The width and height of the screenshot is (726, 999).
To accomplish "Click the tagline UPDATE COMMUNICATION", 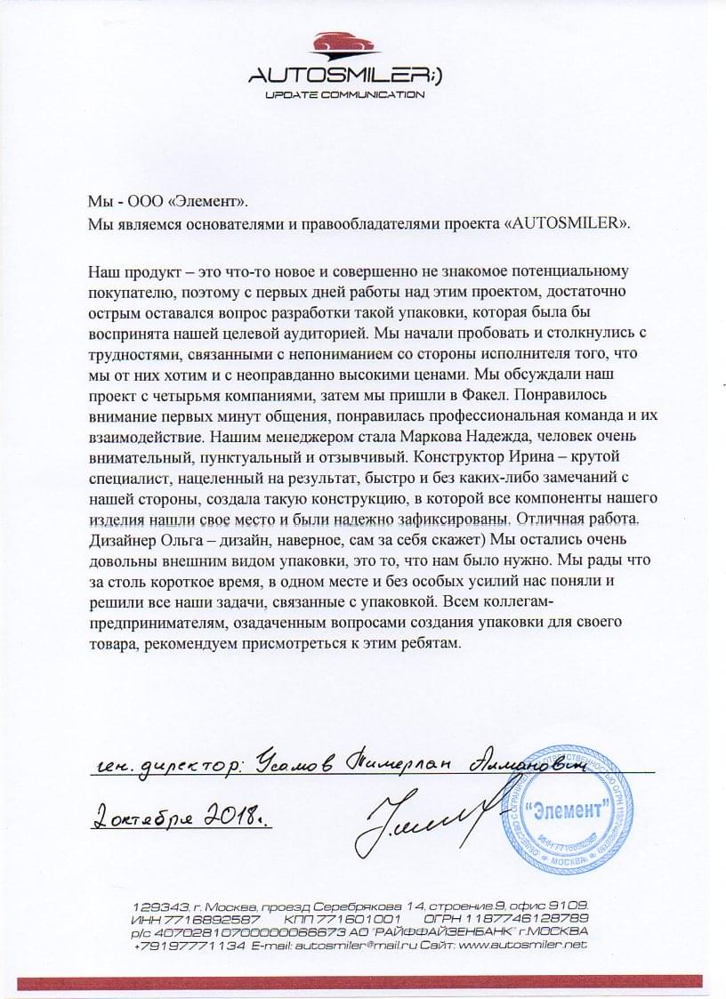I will [344, 93].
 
